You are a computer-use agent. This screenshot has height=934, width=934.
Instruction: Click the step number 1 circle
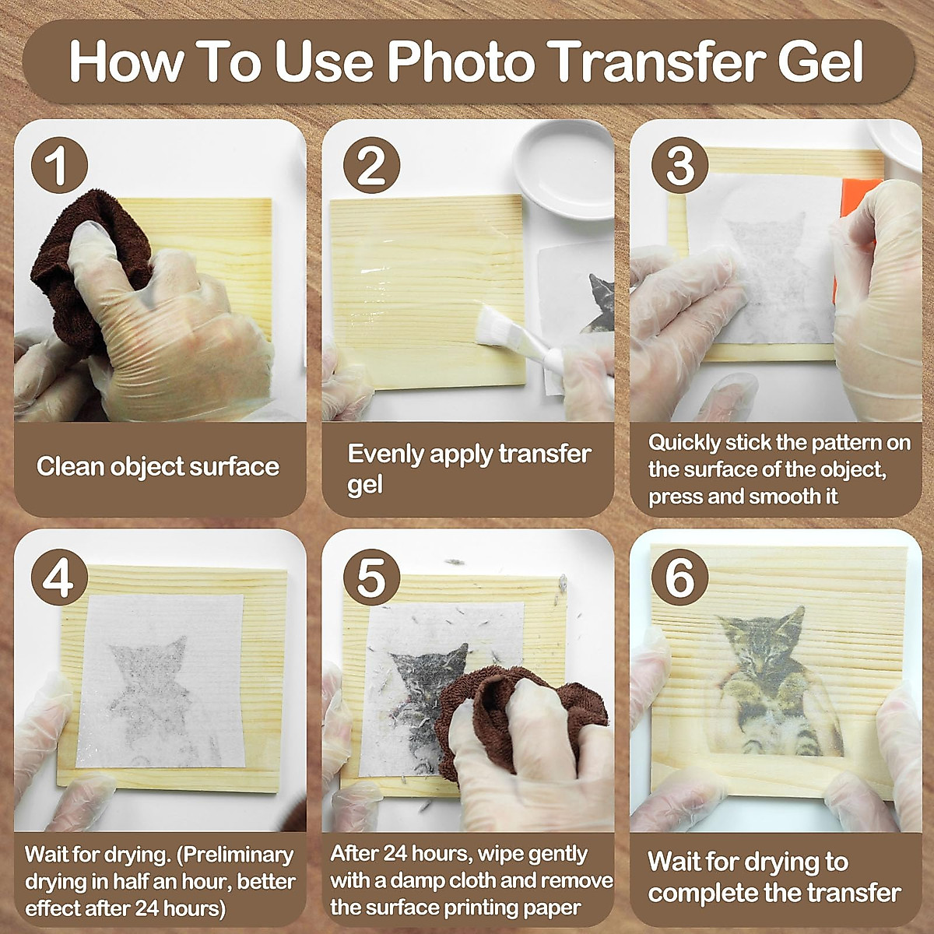[59, 165]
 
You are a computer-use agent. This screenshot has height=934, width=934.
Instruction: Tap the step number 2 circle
[371, 165]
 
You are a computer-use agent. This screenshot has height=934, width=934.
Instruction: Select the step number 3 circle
[679, 165]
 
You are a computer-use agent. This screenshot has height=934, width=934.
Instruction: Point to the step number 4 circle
[59, 578]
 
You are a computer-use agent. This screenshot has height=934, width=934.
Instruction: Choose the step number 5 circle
[371, 578]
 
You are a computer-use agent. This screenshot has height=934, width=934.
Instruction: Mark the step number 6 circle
[679, 578]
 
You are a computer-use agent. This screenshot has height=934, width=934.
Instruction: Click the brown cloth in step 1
[78, 265]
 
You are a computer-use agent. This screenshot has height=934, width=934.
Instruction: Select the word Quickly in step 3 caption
[684, 443]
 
